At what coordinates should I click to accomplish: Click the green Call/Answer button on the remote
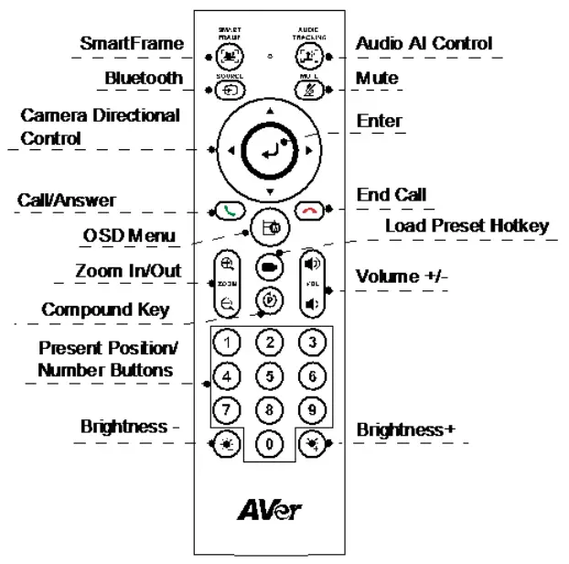point(227,209)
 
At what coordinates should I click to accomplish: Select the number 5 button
point(269,374)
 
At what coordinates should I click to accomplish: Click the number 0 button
point(269,445)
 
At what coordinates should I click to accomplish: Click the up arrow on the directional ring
point(269,111)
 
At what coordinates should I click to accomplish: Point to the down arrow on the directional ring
point(269,190)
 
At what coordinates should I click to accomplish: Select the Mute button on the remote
point(309,90)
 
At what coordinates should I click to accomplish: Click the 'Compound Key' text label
point(105,310)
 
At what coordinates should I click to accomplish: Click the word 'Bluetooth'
point(144,79)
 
